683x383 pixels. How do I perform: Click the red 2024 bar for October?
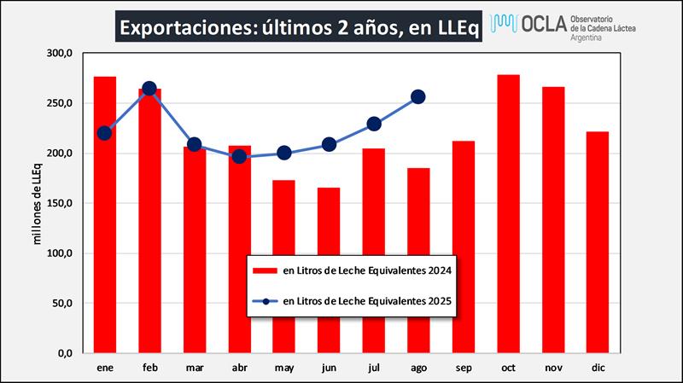click(x=508, y=213)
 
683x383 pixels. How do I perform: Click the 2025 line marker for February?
click(x=149, y=89)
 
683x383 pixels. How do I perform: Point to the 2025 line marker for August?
click(x=417, y=97)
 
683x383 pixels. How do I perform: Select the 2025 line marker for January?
click(x=104, y=133)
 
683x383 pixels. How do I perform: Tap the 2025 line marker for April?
click(x=239, y=156)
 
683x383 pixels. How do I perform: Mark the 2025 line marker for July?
click(x=373, y=124)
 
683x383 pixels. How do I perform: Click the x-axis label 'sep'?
click(x=464, y=368)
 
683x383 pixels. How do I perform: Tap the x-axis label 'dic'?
click(x=598, y=368)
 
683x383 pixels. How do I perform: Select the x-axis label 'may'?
click(x=284, y=368)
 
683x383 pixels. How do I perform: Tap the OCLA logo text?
click(x=541, y=23)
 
